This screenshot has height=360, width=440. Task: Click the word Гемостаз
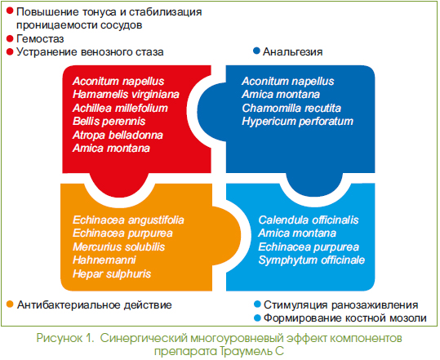(40, 38)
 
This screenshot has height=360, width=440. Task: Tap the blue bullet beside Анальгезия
(256, 51)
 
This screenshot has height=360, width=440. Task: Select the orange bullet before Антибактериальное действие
(10, 304)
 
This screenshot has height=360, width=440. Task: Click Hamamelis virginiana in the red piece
(126, 94)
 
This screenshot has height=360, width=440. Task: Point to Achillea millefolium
(120, 108)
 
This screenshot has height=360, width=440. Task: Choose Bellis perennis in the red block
(109, 121)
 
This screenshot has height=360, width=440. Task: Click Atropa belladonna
(118, 135)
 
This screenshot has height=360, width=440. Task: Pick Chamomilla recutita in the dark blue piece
(291, 108)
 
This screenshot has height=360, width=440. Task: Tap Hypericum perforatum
(297, 121)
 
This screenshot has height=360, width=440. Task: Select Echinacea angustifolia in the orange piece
(128, 220)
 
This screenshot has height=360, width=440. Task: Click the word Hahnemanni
(104, 260)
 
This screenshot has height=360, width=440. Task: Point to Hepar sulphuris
(112, 273)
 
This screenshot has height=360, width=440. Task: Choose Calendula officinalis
(309, 220)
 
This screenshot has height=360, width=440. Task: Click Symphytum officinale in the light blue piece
(312, 260)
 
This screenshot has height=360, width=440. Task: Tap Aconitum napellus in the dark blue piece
(288, 81)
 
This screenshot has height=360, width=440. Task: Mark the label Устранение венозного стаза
(90, 52)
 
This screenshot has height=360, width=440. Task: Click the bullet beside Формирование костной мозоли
(257, 318)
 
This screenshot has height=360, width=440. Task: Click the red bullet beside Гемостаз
(10, 38)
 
